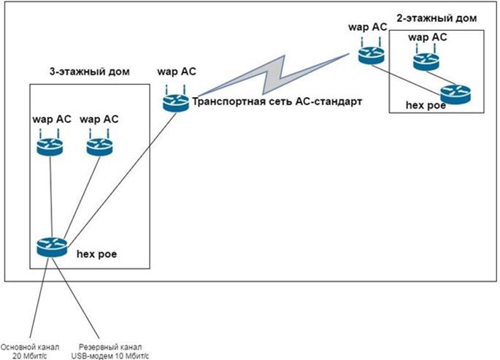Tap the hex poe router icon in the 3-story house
(x=52, y=248)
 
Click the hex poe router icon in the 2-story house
(x=456, y=93)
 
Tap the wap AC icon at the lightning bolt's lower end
(x=176, y=102)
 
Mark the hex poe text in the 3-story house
(x=96, y=254)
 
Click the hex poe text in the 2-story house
(x=426, y=105)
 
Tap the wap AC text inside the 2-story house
(x=428, y=37)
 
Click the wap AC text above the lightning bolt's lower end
(x=176, y=73)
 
